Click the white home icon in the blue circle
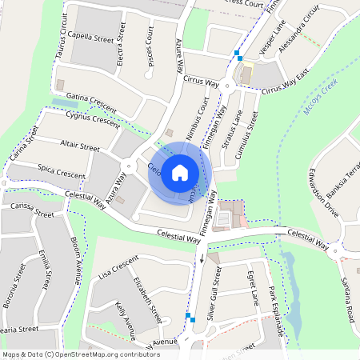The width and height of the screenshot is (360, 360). click(x=180, y=172)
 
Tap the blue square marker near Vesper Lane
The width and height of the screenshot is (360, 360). click(x=238, y=56)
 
